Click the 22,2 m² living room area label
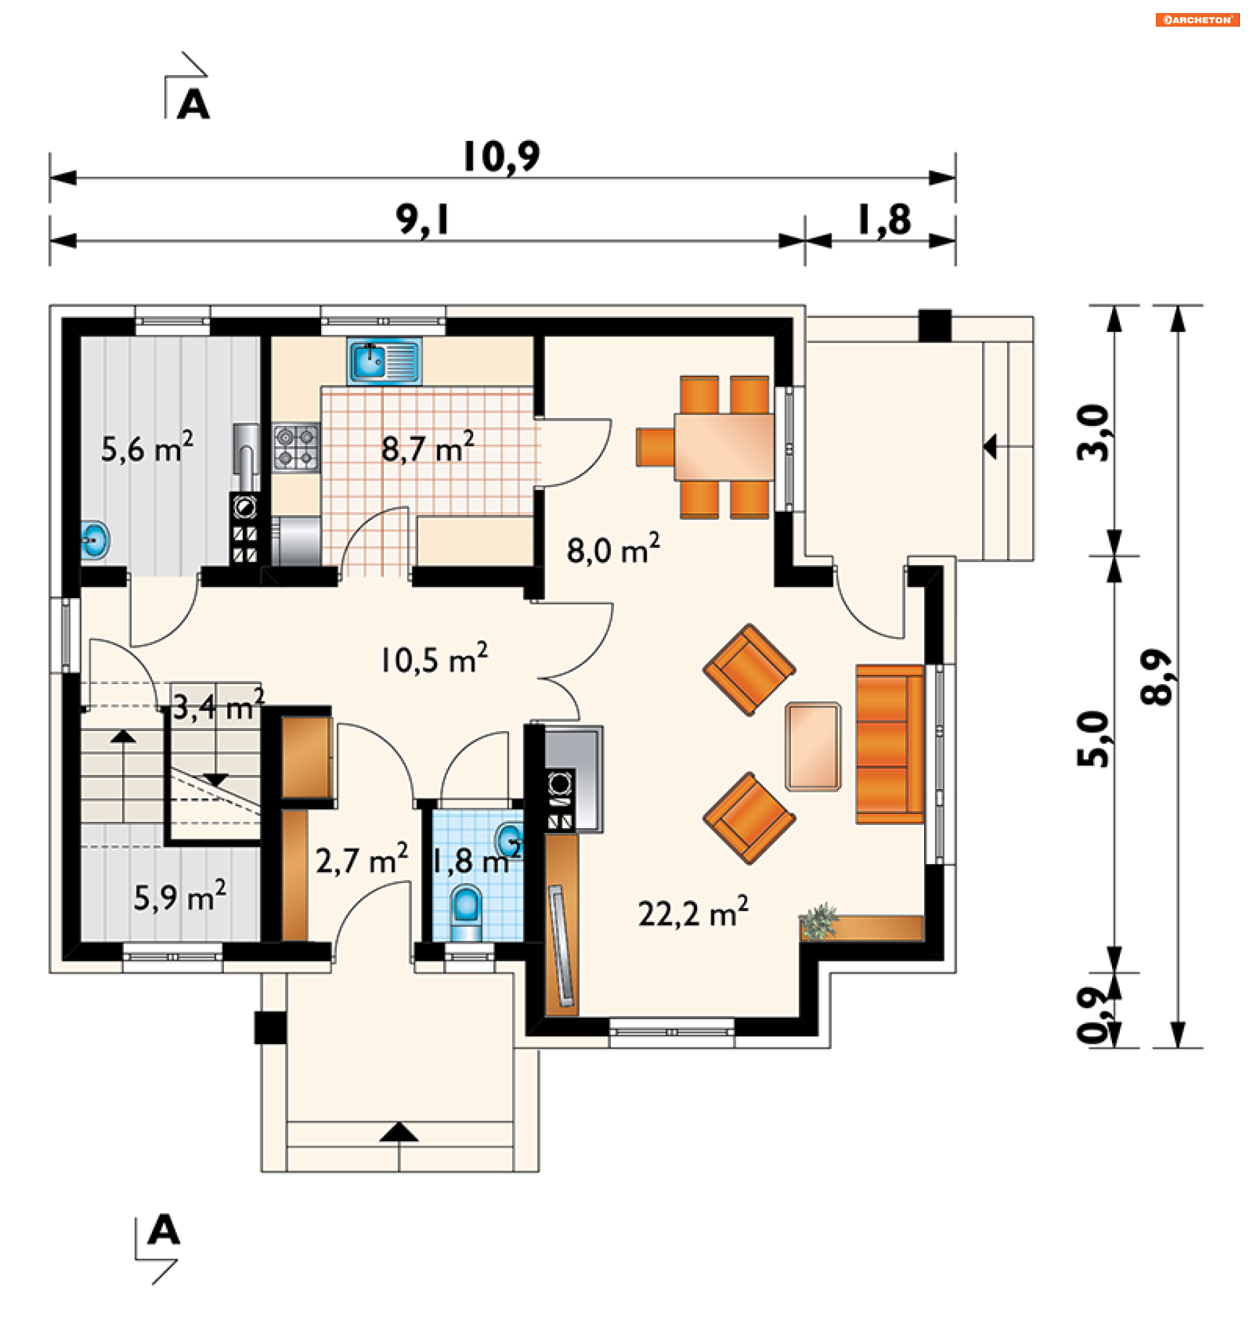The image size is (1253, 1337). click(x=692, y=913)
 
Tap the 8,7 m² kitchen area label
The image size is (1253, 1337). click(x=427, y=448)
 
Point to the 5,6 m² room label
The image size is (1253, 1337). click(x=147, y=447)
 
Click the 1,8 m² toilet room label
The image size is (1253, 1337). click(x=476, y=862)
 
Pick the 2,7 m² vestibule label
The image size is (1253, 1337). click(x=362, y=860)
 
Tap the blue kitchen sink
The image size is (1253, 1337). click(x=384, y=361)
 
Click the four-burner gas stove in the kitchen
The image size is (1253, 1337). click(x=296, y=447)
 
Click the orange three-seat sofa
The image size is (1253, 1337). click(x=889, y=745)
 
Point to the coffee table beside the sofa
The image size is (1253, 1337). click(x=813, y=747)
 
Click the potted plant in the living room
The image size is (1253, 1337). click(x=818, y=922)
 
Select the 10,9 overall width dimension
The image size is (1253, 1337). click(x=502, y=157)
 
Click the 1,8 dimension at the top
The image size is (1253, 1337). click(x=884, y=220)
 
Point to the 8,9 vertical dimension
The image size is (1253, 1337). click(x=1156, y=676)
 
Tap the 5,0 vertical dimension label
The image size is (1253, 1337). click(x=1092, y=738)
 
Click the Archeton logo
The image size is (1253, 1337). click(x=1197, y=20)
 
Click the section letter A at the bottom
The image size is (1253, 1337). click(x=164, y=1230)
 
